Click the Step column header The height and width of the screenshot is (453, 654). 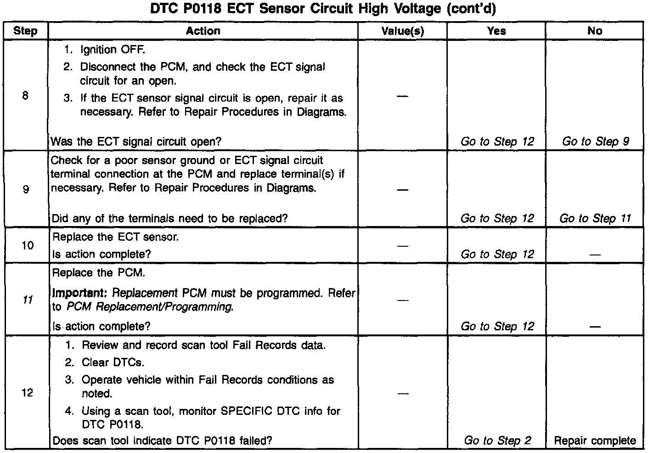[25, 31]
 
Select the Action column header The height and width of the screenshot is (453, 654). [203, 31]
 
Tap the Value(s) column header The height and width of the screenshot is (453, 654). [402, 31]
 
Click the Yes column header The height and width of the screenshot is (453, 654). [496, 31]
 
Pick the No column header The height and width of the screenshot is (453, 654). [594, 31]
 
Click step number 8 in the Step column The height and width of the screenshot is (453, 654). [25, 96]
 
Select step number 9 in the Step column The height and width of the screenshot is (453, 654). [26, 189]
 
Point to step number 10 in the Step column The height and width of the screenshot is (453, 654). [28, 245]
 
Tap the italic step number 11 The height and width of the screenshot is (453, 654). [28, 300]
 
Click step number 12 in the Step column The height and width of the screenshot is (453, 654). [28, 393]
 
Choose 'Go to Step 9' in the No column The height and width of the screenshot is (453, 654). [595, 142]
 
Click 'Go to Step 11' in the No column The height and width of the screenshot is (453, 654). [595, 218]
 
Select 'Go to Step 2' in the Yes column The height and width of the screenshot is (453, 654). [497, 441]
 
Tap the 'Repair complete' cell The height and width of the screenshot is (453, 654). [595, 441]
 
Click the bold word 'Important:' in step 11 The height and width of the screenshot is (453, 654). [80, 293]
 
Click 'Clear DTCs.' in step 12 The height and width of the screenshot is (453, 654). [113, 362]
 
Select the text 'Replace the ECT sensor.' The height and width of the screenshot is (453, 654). [115, 237]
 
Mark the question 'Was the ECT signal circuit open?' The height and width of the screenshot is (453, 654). [136, 142]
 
